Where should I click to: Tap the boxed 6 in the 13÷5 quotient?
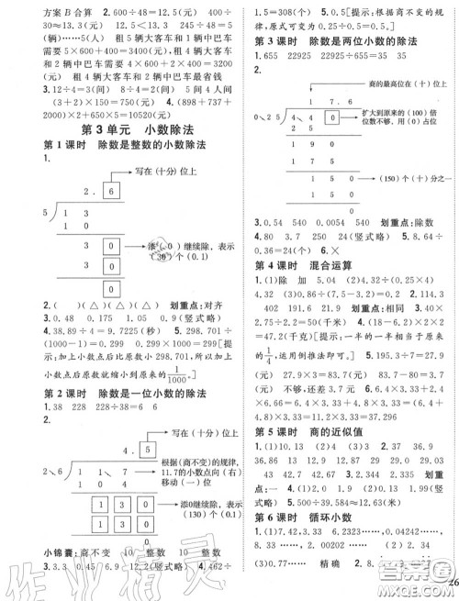112,190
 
